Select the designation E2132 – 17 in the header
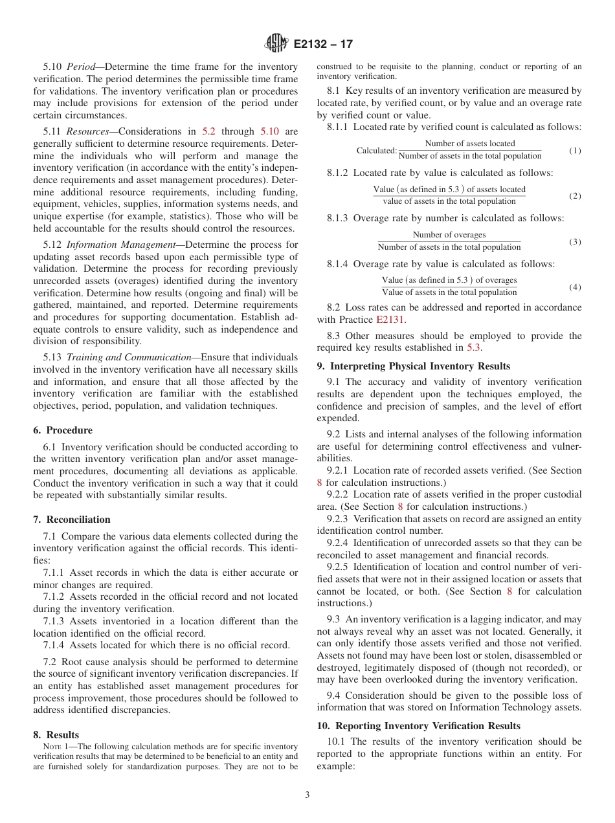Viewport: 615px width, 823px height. point(323,45)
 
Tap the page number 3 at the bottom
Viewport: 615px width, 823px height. point(307,795)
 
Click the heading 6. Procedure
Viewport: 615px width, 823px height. point(62,430)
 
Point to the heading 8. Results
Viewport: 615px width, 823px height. point(56,735)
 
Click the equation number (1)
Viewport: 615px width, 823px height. point(575,151)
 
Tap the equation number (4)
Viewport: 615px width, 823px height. point(575,287)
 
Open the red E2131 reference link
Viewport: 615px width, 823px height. point(390,320)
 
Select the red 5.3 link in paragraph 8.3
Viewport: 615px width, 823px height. point(474,347)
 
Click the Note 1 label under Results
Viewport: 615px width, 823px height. point(55,747)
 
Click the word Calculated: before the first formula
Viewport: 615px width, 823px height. point(376,151)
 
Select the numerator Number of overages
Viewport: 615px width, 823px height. point(449,235)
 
